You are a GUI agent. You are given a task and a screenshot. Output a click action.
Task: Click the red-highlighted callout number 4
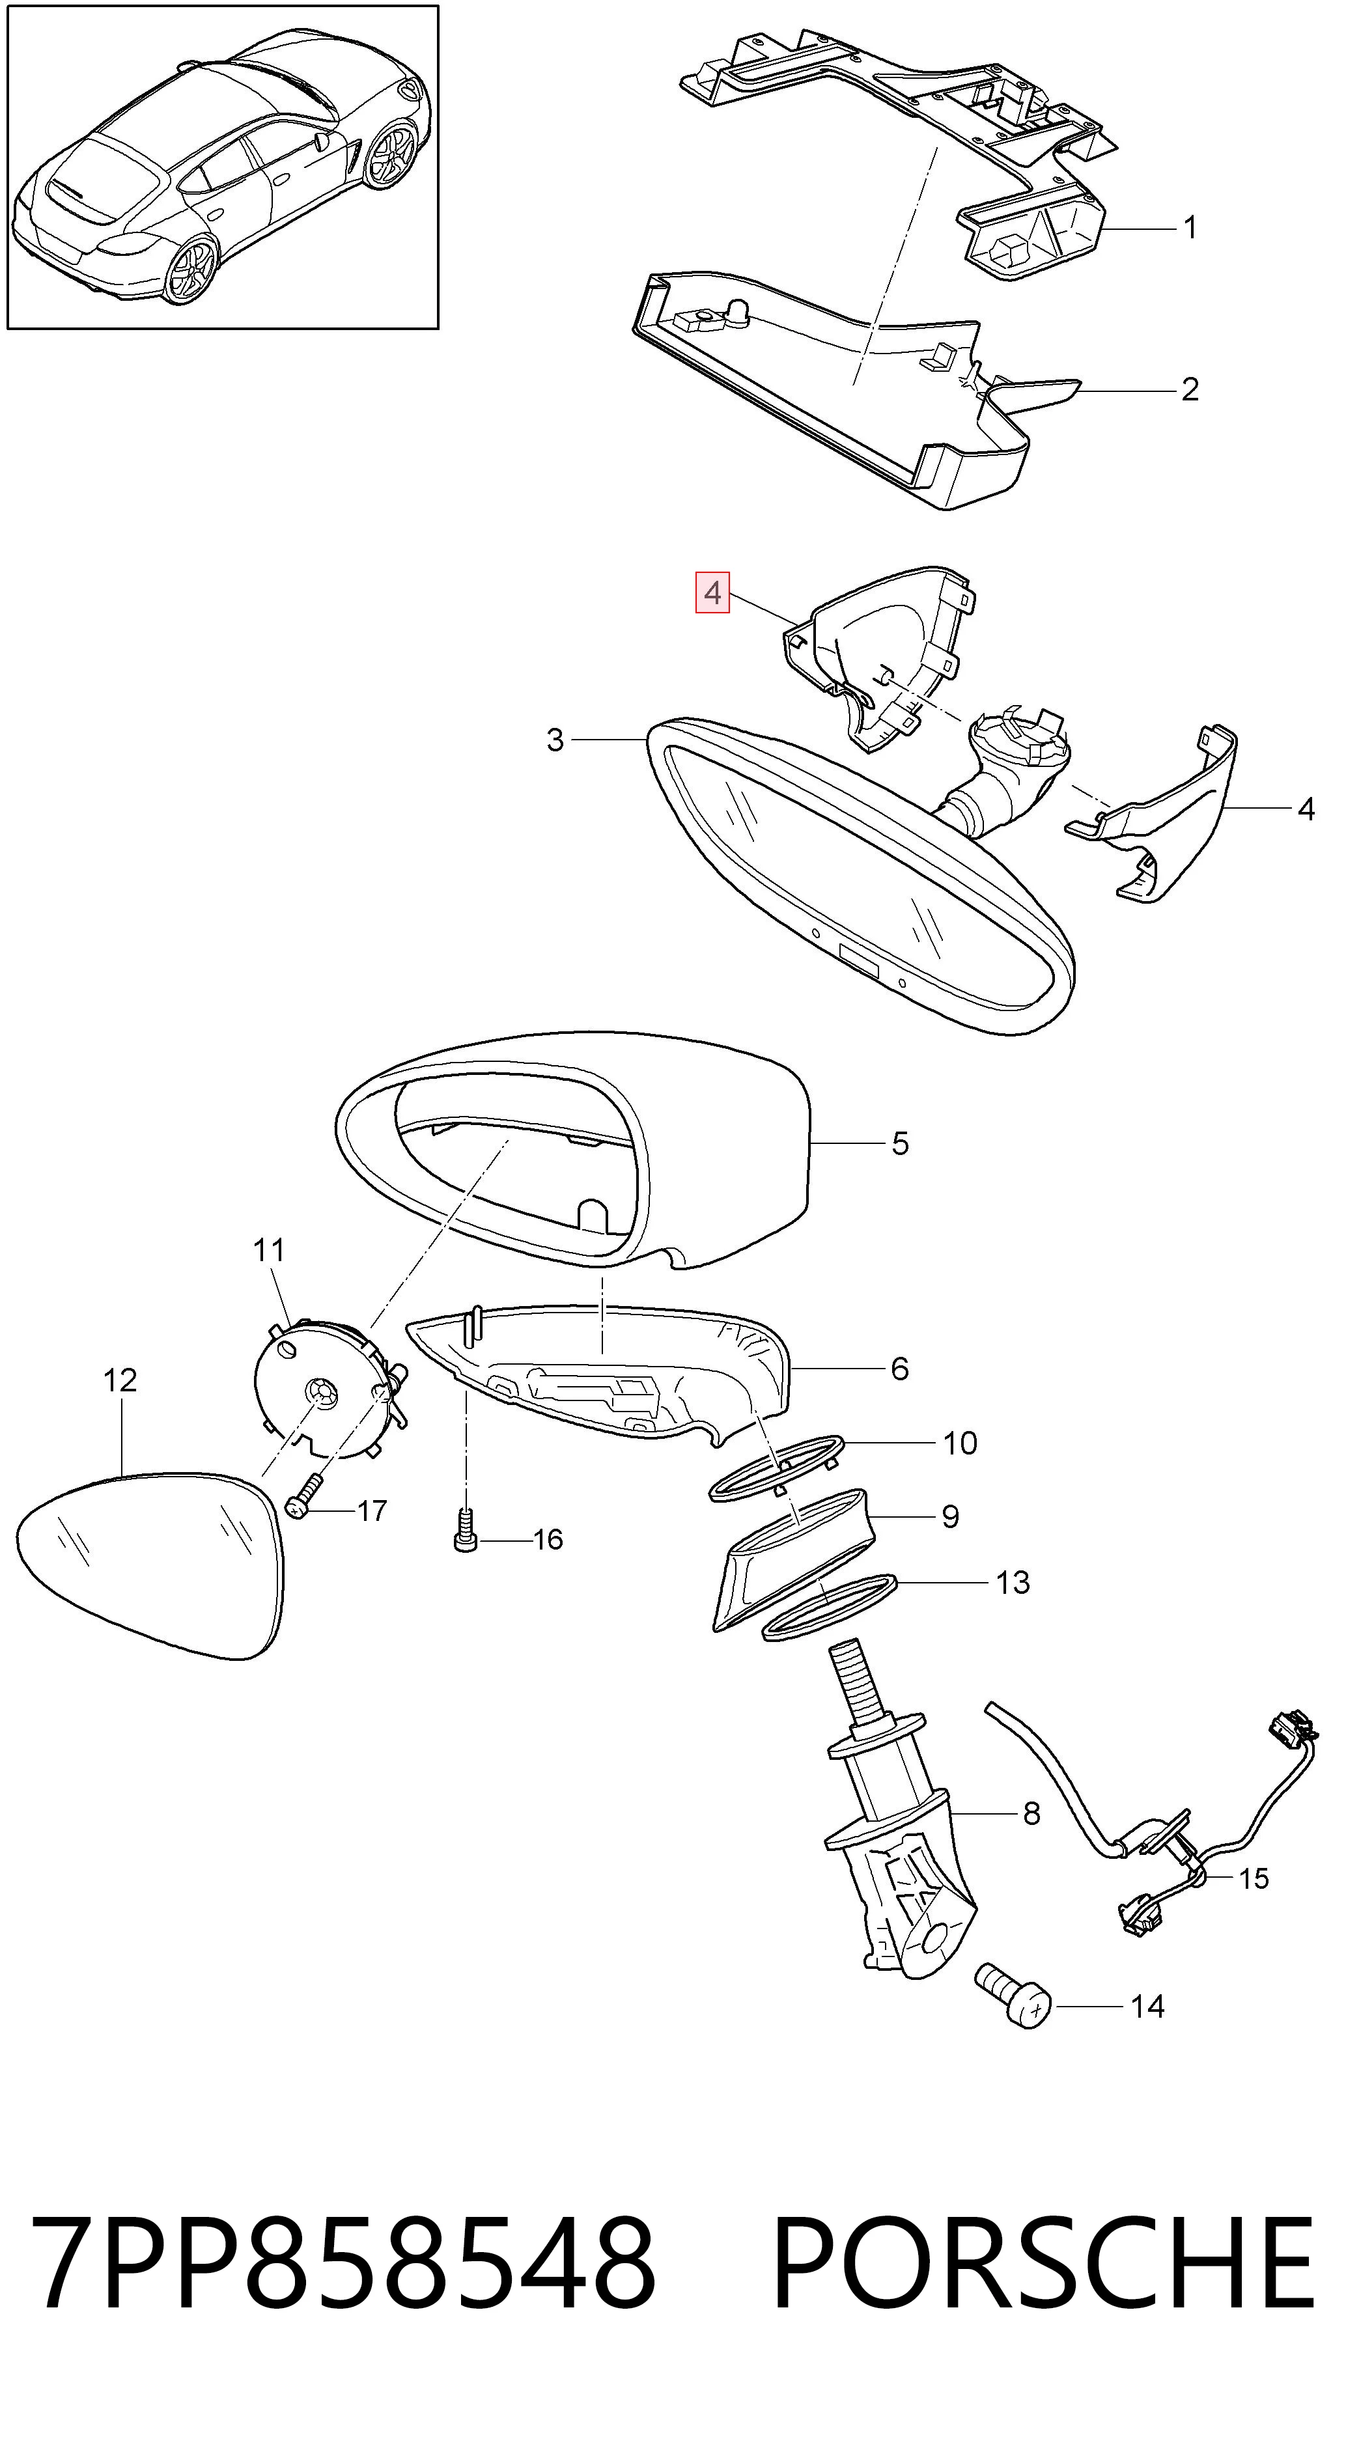[712, 594]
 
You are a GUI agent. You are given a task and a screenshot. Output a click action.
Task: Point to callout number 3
[555, 740]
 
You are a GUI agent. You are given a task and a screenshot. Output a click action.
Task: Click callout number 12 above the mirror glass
[120, 1380]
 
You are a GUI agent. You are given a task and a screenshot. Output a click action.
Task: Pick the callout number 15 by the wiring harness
[1254, 1878]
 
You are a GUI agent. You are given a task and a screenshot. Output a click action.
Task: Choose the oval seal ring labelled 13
[830, 1606]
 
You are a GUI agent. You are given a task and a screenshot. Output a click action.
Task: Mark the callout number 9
[949, 1516]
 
